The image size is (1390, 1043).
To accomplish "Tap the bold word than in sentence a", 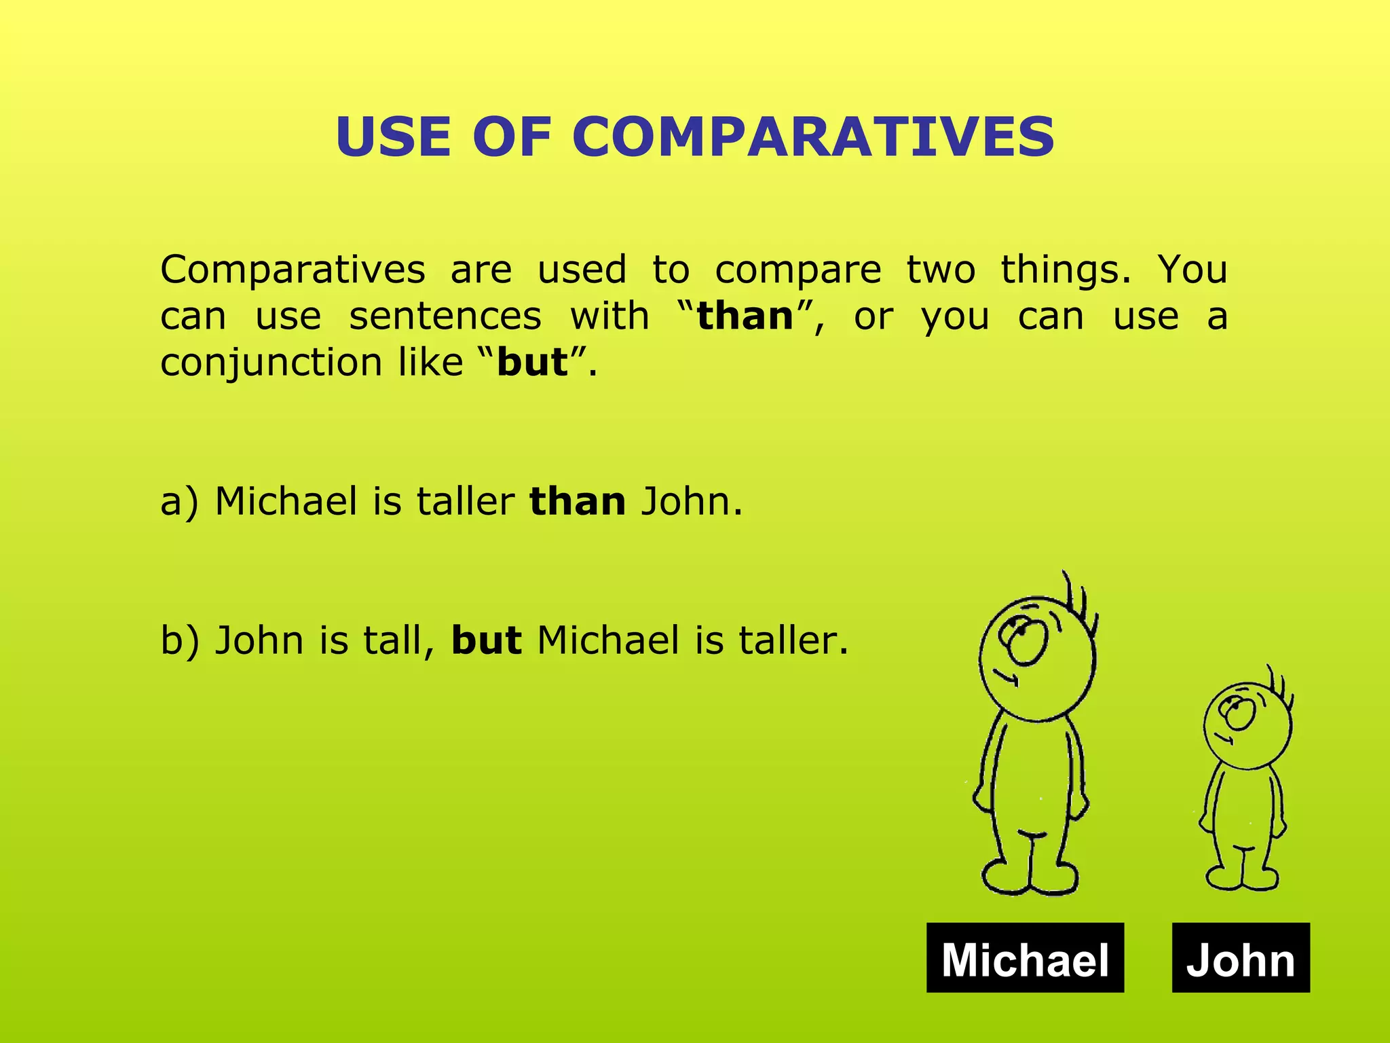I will [578, 502].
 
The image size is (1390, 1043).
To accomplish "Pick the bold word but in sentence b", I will [487, 640].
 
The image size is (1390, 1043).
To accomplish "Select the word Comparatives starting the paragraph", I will [293, 270].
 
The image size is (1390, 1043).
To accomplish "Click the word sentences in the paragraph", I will [445, 316].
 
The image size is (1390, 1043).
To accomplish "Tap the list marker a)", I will [179, 502].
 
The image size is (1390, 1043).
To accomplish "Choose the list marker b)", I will [179, 640].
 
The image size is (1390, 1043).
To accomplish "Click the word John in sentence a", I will [685, 502].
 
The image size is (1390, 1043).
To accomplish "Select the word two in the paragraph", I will [941, 270].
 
